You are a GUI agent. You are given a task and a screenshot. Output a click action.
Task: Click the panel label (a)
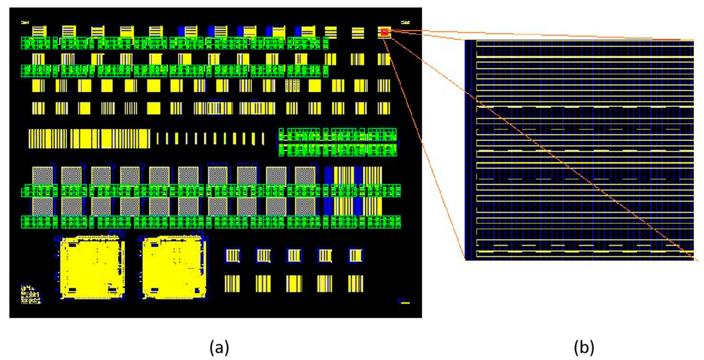pyautogui.click(x=219, y=347)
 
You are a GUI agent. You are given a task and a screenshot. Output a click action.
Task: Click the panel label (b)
pyautogui.click(x=584, y=347)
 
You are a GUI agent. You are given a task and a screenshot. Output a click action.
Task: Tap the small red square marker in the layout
pyautogui.click(x=384, y=32)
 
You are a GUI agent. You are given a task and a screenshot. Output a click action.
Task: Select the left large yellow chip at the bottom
pyautogui.click(x=92, y=267)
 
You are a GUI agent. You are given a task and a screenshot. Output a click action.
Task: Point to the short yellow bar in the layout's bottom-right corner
pyautogui.click(x=405, y=303)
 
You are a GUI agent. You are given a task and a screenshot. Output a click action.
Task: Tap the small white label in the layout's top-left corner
pyautogui.click(x=25, y=22)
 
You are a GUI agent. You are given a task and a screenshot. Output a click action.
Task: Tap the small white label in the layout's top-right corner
pyautogui.click(x=405, y=22)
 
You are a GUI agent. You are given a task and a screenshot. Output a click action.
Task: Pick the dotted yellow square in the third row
pyautogui.click(x=292, y=86)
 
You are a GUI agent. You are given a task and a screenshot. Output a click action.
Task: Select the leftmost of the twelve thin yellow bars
pyautogui.click(x=158, y=138)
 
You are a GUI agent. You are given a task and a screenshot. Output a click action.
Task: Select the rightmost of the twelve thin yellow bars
pyautogui.click(x=263, y=139)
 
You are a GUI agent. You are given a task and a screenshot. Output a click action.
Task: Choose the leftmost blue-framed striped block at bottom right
pyautogui.click(x=233, y=256)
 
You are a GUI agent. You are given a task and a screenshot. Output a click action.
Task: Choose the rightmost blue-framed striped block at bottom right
pyautogui.click(x=355, y=256)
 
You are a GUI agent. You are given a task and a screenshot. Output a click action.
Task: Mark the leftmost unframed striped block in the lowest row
pyautogui.click(x=232, y=284)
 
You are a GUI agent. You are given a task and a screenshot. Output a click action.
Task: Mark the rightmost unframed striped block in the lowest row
pyautogui.click(x=355, y=284)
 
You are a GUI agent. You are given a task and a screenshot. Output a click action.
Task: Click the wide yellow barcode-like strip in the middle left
pyautogui.click(x=89, y=139)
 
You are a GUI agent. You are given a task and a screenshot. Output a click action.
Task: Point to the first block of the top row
pyautogui.click(x=39, y=31)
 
